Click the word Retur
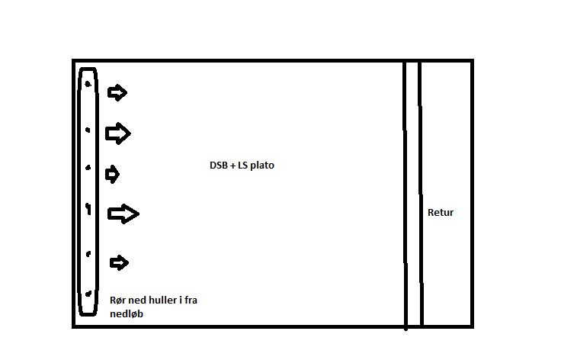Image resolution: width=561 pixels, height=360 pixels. pos(441,213)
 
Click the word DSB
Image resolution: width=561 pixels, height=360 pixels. pos(218,166)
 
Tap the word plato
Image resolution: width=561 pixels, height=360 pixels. pos(262,166)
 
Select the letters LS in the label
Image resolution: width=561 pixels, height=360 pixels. pos(242,166)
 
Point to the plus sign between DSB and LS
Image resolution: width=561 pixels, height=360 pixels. pos(232,166)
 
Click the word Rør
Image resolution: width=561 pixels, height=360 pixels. pos(117,300)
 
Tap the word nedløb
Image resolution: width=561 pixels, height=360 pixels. pos(127,313)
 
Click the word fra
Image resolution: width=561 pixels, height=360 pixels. pos(191,300)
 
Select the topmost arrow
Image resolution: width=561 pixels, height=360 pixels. pos(117,93)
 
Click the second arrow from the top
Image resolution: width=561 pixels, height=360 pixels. pos(118,133)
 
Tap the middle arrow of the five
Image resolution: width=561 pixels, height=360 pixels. pos(112,174)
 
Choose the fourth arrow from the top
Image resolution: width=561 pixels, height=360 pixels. pos(123,214)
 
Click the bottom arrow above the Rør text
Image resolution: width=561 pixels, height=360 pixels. pos(119,262)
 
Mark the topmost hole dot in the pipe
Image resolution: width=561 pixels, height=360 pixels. pos(88,85)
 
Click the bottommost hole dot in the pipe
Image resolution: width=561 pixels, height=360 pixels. pos(88,294)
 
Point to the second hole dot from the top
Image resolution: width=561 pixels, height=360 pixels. pos(88,130)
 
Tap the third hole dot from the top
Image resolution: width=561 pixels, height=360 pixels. pos(88,168)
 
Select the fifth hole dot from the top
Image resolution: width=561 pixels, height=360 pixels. pos(88,254)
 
